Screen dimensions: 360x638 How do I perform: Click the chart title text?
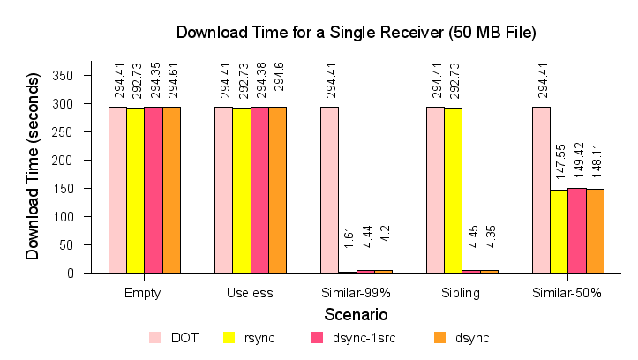[x=357, y=33]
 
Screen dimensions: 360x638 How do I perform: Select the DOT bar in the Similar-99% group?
[x=329, y=190]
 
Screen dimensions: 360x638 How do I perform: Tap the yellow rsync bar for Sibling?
[x=453, y=191]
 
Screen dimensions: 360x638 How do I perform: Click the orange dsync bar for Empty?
[x=171, y=190]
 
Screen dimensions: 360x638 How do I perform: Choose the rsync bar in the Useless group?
[x=241, y=191]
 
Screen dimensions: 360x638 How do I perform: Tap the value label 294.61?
[x=172, y=79]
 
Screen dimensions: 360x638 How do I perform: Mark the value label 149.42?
[x=578, y=160]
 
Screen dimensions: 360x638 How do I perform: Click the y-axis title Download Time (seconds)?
[x=33, y=167]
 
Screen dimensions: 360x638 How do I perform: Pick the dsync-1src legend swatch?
[x=317, y=337]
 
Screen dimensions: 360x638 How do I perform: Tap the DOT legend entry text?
[x=184, y=337]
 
